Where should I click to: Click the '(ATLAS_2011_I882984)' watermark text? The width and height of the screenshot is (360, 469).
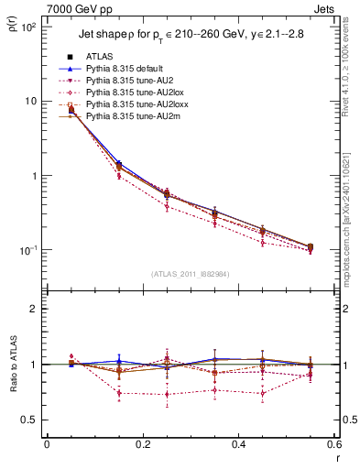click(191, 273)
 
